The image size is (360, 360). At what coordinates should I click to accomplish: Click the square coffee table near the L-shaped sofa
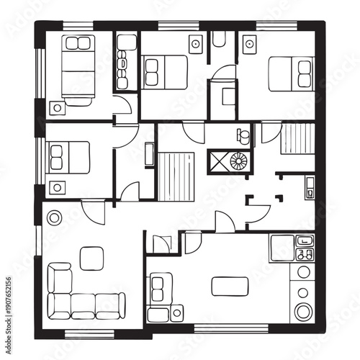91,258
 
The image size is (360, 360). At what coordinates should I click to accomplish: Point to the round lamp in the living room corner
54,215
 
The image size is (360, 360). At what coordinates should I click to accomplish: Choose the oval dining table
230,287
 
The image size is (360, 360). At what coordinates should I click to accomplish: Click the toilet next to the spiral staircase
243,135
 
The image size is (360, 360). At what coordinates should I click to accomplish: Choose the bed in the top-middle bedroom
165,71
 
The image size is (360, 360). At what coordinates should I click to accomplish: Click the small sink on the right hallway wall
309,186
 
